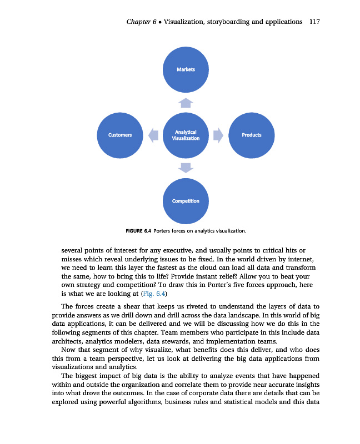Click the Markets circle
pos(186,69)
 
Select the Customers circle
pos(121,135)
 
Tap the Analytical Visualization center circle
pos(186,135)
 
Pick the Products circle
pos(251,135)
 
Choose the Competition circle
pos(186,200)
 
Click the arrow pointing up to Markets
pos(186,102)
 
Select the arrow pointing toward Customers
pos(153,135)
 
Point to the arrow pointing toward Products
pos(218,135)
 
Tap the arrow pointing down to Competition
pos(186,168)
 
